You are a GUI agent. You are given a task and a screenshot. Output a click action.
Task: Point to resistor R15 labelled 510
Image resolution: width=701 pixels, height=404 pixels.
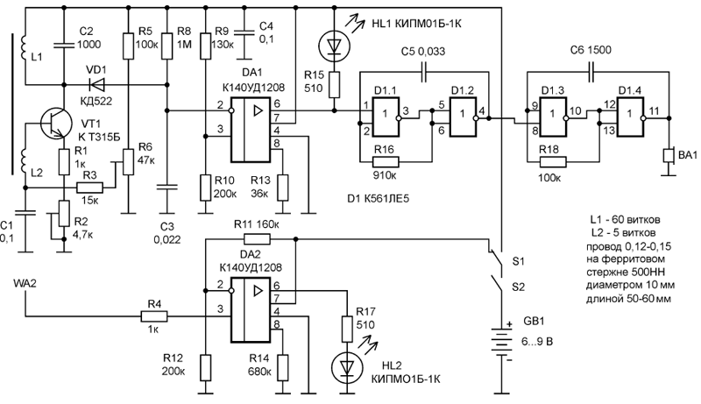click(334, 85)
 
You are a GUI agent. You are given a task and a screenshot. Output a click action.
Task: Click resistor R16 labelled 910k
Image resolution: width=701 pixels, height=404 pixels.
click(386, 161)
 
